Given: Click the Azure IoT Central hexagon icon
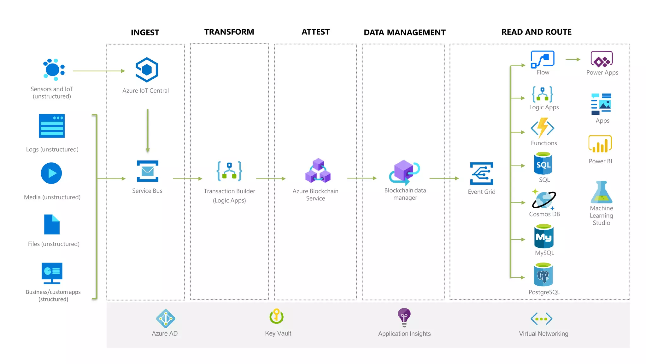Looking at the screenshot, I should coord(147,70).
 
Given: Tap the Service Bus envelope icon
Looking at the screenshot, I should coord(147,171).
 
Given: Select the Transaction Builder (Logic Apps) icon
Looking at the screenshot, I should coord(229,171).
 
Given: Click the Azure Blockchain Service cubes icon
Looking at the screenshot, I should coord(318,171).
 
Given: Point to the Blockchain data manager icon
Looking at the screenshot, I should coord(404,172).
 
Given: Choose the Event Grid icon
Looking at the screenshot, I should coord(481,173).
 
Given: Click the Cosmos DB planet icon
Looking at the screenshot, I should coord(543,199).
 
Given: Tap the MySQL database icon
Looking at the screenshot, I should coord(544,236).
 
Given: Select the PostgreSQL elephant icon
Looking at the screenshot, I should coord(543,275).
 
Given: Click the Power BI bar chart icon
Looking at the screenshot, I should coord(600,144).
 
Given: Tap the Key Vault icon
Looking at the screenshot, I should coord(277,316).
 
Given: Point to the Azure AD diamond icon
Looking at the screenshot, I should coord(165,318).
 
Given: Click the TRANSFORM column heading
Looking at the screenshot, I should coord(229,32).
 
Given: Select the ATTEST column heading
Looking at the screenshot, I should coord(315,32).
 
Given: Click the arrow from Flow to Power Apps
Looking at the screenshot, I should coord(573,59).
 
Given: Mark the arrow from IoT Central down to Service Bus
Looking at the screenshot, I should coord(148,130).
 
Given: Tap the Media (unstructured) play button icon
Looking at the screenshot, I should coord(51,173).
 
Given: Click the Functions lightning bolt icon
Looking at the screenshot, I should coord(543,128).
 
